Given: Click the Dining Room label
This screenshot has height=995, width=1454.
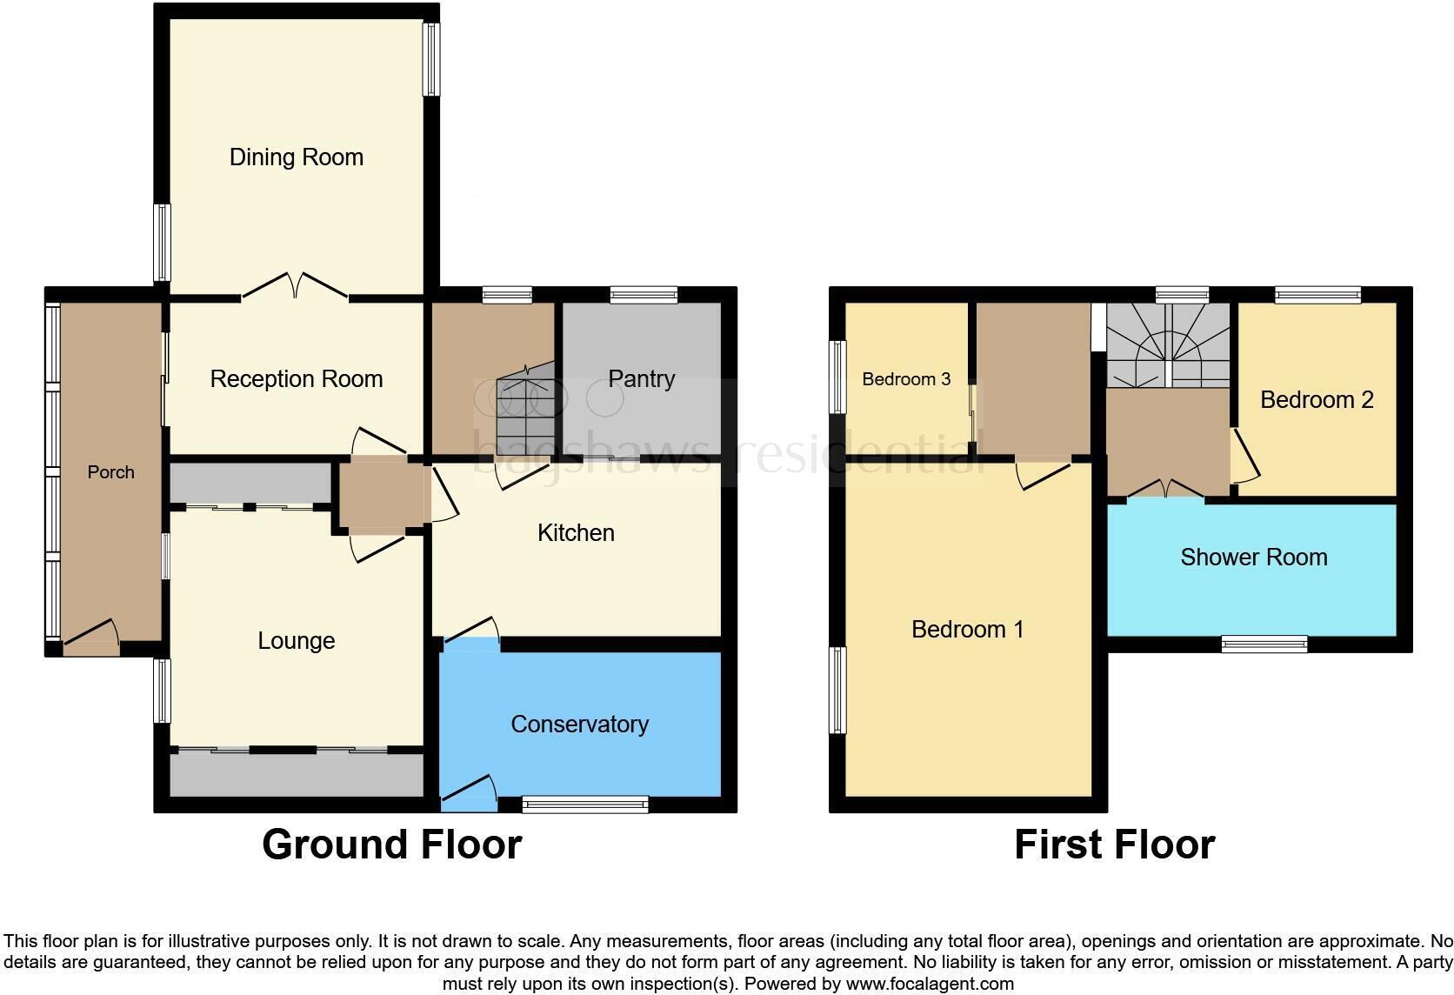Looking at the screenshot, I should (x=296, y=157).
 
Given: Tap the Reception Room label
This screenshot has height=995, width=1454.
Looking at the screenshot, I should (x=296, y=379).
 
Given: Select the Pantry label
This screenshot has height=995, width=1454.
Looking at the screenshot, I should (x=641, y=379).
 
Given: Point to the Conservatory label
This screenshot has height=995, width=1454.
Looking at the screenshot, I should (x=579, y=725).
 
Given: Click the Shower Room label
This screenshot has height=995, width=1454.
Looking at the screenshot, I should (x=1253, y=558).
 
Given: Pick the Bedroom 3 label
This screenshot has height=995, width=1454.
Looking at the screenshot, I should (x=906, y=379).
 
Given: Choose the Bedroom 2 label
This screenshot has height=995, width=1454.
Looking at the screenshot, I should (x=1316, y=400).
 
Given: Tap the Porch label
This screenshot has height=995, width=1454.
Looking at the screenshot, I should (x=111, y=472).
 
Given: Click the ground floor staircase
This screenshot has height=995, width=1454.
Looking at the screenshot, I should (x=527, y=404).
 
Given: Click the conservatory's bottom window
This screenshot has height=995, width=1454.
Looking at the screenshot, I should (x=585, y=805).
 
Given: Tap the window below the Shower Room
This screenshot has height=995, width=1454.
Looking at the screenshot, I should (x=1264, y=644).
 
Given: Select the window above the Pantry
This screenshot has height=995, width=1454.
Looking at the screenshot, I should (x=644, y=296).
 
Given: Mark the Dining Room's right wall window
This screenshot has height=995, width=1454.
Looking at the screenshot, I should (x=431, y=58).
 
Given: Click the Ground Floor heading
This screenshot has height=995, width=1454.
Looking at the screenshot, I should (x=391, y=845).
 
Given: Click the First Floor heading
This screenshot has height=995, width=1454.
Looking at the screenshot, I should (x=1114, y=845).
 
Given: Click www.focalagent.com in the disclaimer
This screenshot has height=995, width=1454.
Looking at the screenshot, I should (x=930, y=985).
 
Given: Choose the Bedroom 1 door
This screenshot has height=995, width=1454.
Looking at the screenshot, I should (x=1043, y=475).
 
